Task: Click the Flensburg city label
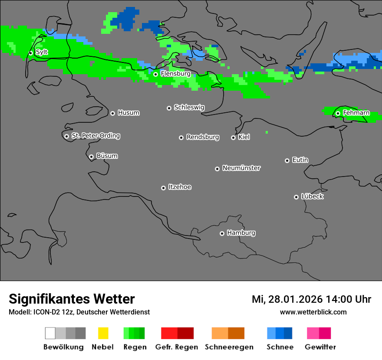coord(175,74)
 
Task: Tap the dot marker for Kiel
coord(233,137)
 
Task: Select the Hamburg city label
coord(241,233)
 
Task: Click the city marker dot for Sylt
coord(30,53)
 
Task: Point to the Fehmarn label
coord(356,113)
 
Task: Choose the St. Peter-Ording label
coord(95,136)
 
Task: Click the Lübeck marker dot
coord(296,197)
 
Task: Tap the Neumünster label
coord(241,168)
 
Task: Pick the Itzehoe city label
coord(180,187)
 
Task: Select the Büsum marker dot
coord(91,157)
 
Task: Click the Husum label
coord(128,113)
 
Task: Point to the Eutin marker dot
coord(287,160)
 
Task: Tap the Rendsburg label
coord(203,137)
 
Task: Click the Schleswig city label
coord(189,107)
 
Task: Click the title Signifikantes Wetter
coord(72,299)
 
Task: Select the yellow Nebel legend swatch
coord(103,333)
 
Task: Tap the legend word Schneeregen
coord(229,347)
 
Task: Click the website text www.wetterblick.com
coord(313,312)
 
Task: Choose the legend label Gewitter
coord(320,347)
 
